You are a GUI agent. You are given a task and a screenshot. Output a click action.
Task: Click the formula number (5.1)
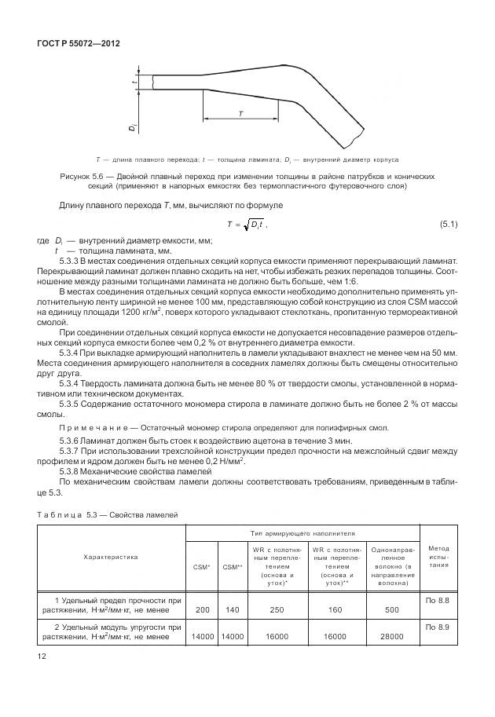pos(448,225)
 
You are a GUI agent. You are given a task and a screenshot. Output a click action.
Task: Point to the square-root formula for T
pos(247,225)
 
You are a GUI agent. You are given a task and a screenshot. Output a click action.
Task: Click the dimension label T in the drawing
pos(240,113)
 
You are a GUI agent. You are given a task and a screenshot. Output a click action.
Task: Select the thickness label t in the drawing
pos(136,82)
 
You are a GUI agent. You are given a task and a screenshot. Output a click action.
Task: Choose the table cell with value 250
pos(277,609)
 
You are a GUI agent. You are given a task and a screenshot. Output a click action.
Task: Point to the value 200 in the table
pos(202,609)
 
